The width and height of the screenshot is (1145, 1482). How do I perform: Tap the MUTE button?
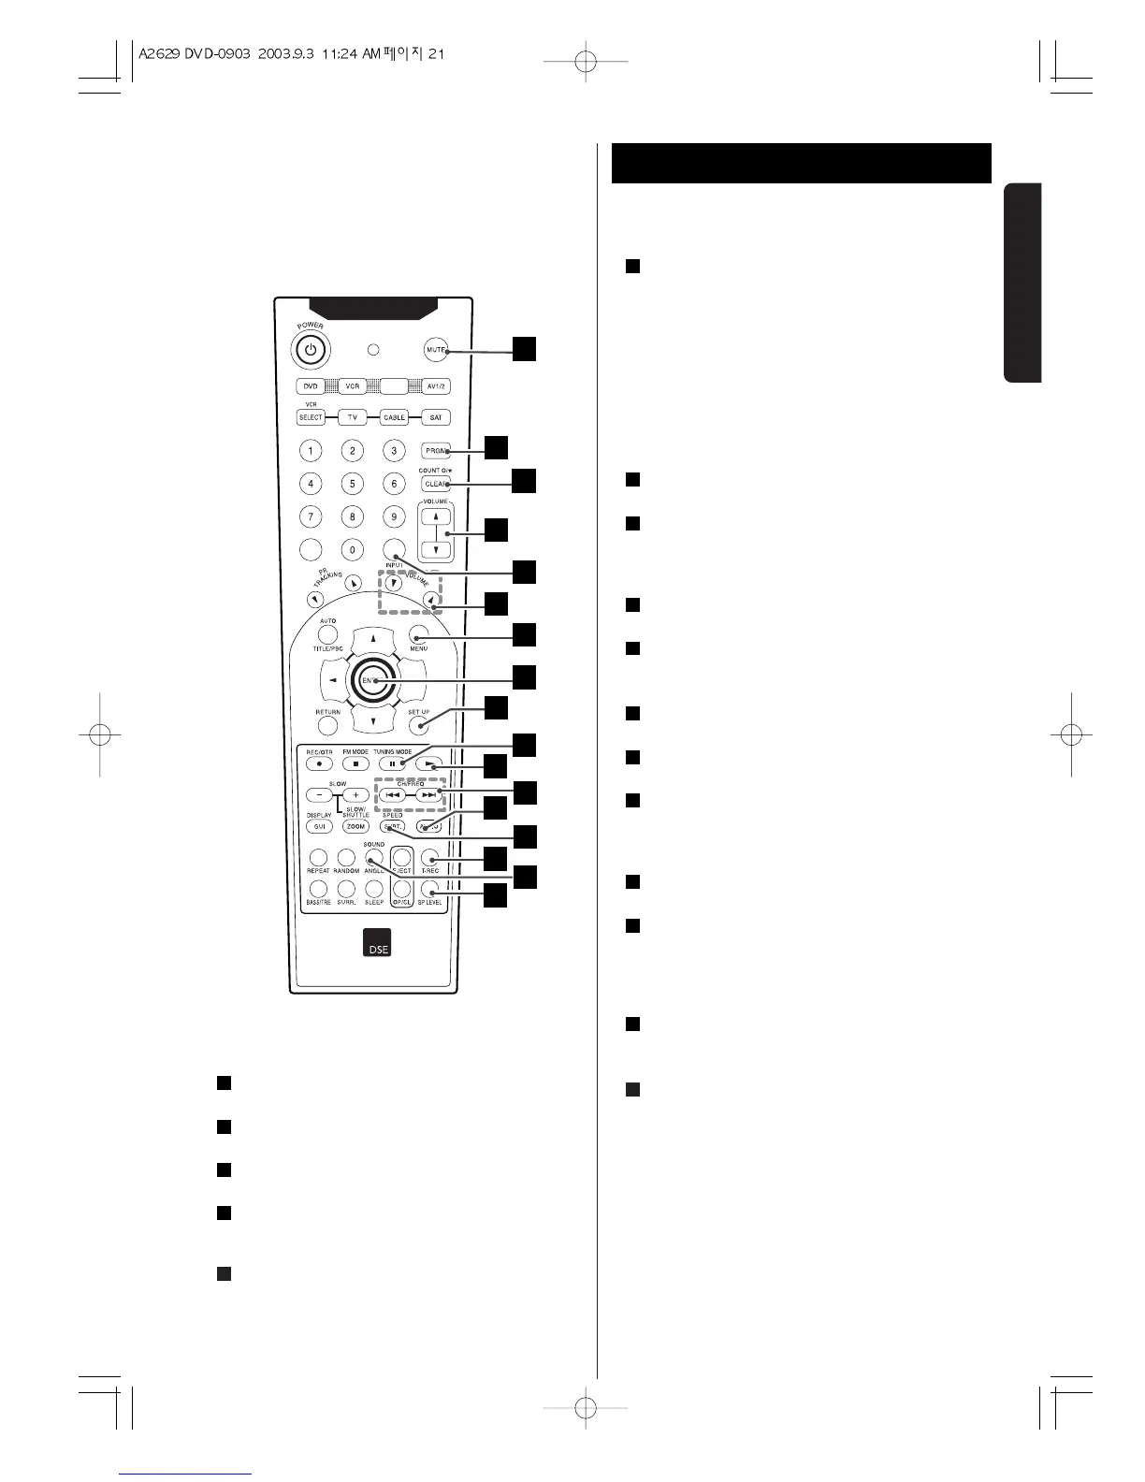[x=435, y=350]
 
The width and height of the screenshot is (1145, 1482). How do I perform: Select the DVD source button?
[x=311, y=386]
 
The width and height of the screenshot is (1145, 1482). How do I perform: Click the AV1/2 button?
[x=436, y=386]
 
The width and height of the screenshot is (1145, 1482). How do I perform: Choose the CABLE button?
[x=394, y=417]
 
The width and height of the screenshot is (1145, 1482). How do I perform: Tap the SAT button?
[x=436, y=417]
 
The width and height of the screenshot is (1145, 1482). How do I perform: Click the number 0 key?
[x=352, y=550]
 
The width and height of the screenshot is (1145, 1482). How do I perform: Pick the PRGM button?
[x=436, y=451]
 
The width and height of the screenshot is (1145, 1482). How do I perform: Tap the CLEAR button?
[x=436, y=485]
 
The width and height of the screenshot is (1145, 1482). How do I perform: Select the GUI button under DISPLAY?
[x=319, y=826]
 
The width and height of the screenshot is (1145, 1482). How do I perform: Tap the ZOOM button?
[x=355, y=826]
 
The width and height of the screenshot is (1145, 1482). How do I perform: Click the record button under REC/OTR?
[x=319, y=764]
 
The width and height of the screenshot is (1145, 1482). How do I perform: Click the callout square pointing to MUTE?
[x=524, y=349]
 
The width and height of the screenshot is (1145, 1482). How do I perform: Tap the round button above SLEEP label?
[x=374, y=889]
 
